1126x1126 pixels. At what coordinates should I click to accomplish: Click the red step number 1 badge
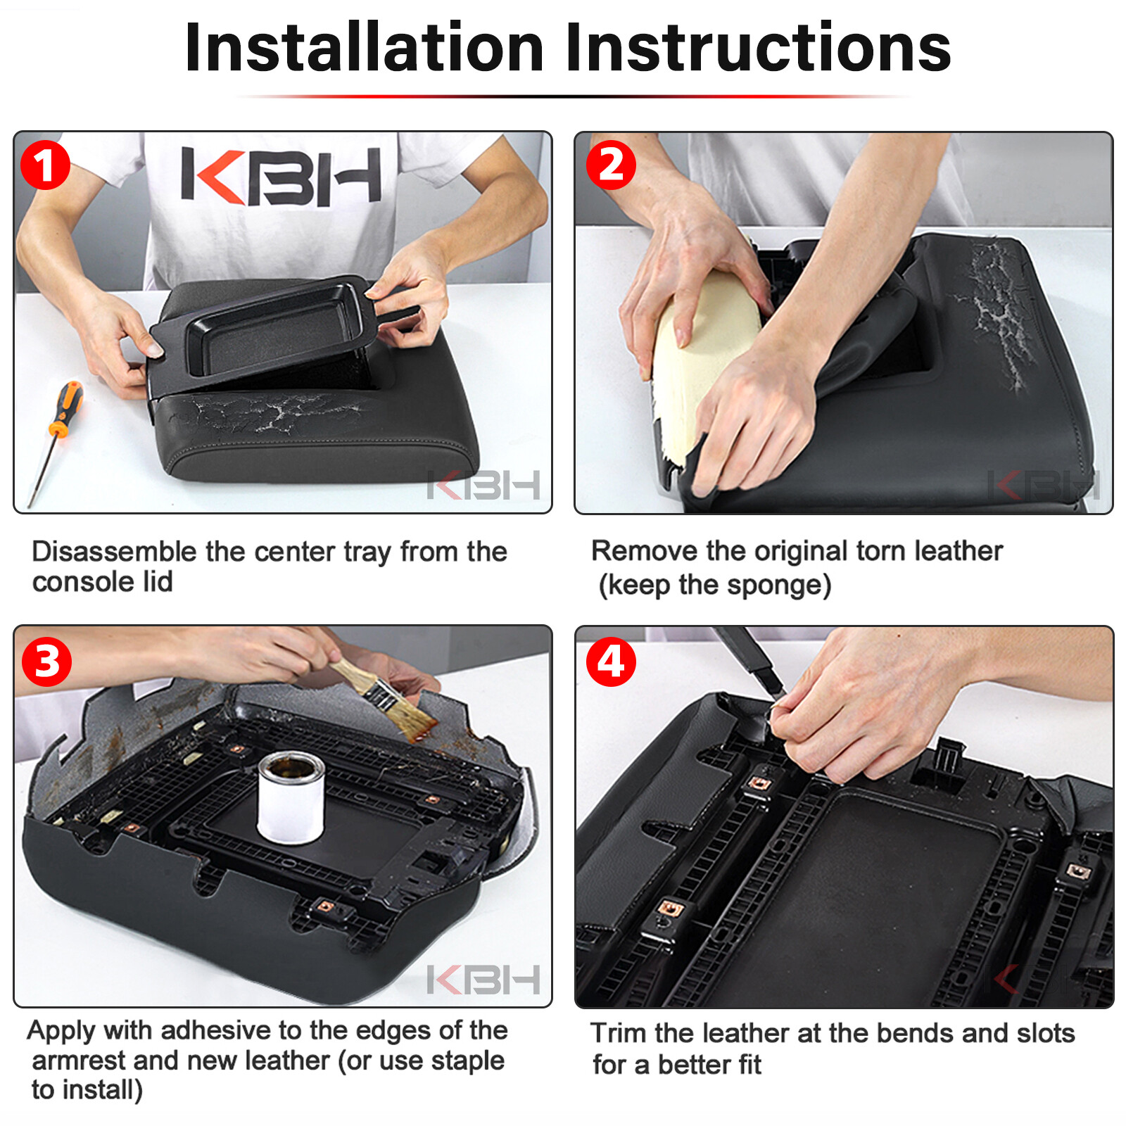(45, 165)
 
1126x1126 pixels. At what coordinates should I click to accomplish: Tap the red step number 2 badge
(610, 165)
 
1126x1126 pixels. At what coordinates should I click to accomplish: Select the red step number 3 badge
(46, 662)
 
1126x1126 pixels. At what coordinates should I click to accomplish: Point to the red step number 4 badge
(610, 662)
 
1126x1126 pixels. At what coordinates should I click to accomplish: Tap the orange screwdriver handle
(65, 409)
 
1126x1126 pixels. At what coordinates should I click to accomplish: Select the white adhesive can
(291, 797)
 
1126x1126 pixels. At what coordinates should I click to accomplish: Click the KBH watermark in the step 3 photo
(483, 979)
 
